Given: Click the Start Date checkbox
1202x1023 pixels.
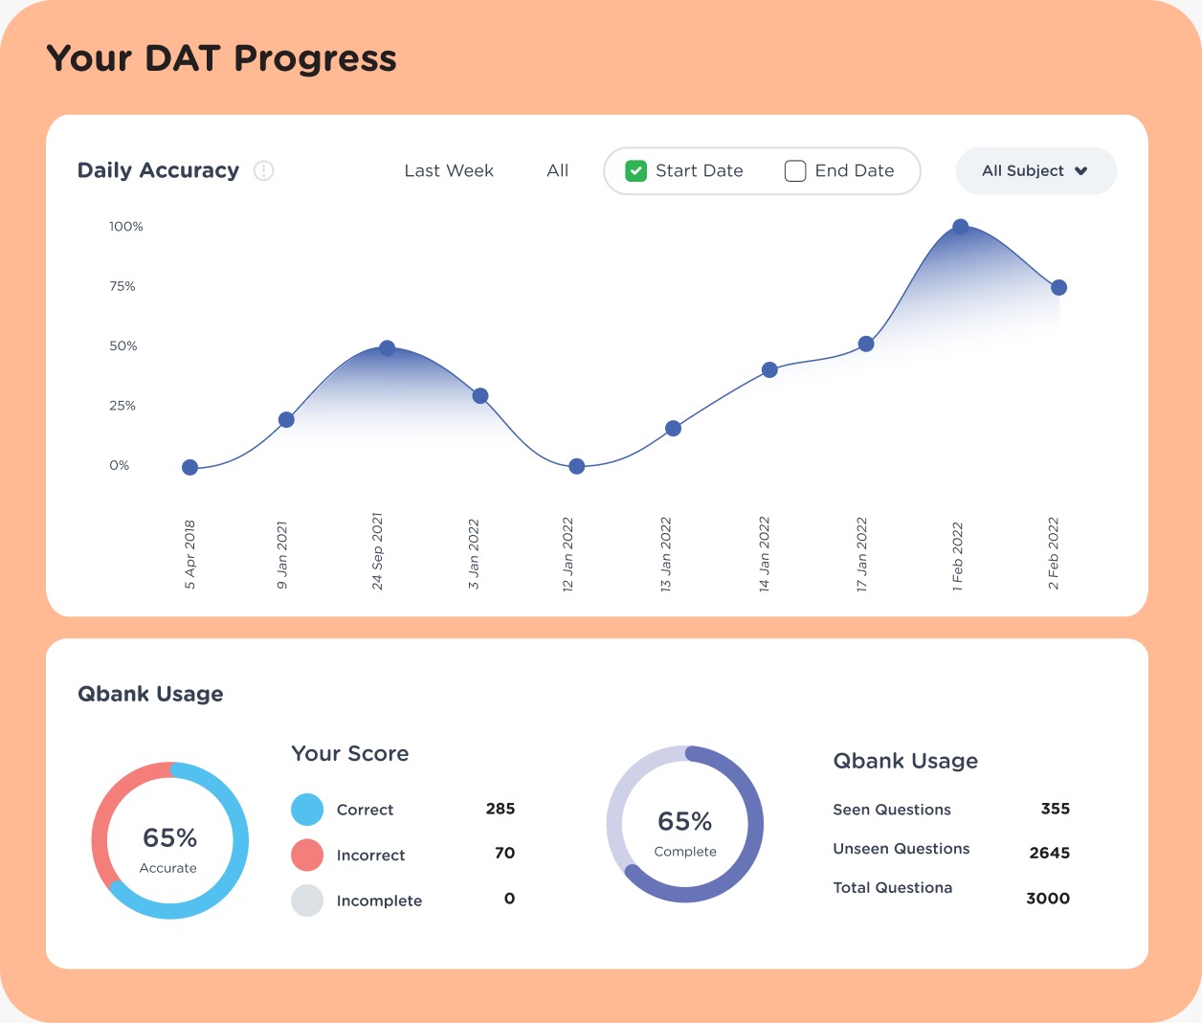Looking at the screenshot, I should click(636, 171).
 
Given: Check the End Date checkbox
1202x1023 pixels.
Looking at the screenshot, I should click(795, 171).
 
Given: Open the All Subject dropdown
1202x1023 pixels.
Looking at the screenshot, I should click(1035, 171).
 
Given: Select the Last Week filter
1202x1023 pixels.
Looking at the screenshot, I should click(449, 171).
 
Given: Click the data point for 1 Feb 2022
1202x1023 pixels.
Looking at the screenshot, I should click(961, 227).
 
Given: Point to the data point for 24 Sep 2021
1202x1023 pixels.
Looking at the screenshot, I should click(387, 348).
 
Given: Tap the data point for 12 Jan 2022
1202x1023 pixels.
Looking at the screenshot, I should click(576, 466).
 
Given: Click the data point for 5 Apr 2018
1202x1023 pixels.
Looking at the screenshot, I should click(189, 467).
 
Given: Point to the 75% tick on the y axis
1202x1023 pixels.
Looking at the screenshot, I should click(122, 286).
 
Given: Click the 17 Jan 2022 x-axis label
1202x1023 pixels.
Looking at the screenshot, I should click(861, 555).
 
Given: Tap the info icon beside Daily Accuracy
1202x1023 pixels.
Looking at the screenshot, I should click(264, 170).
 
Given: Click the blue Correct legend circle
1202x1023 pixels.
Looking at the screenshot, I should click(307, 810).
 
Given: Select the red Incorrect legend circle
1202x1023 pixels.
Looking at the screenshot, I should click(307, 855).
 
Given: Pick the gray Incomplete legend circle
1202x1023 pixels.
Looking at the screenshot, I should click(307, 901).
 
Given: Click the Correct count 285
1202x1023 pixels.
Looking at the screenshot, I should click(501, 809).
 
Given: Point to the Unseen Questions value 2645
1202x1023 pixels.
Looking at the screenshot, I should click(1049, 853).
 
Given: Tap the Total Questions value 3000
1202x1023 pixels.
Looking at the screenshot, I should click(1048, 899).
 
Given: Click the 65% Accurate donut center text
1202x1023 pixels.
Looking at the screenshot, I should click(169, 839).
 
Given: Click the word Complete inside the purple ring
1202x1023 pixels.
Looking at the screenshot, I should click(685, 852).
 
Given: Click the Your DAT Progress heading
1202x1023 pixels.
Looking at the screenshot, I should click(221, 59).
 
